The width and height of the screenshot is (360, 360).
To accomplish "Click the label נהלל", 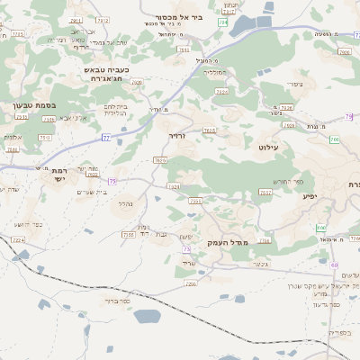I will [x=126, y=204].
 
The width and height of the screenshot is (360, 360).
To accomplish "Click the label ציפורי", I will [x=294, y=85].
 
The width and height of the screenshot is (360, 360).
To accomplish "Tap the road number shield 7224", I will [x=18, y=240].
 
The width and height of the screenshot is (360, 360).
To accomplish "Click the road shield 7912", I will [x=104, y=19].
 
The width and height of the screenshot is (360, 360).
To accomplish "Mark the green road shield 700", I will [x=334, y=139].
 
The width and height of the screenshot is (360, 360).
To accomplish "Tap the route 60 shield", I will [x=334, y=265].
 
